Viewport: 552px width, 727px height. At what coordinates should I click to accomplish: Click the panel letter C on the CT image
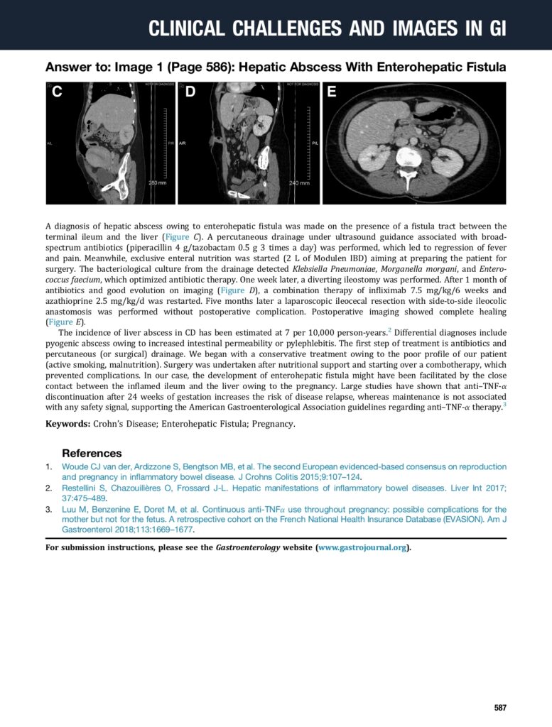pyautogui.click(x=57, y=92)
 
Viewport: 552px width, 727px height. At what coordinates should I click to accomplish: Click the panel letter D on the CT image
pyautogui.click(x=190, y=92)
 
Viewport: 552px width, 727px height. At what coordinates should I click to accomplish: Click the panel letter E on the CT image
pyautogui.click(x=332, y=92)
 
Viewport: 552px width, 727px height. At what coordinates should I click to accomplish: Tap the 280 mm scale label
pyautogui.click(x=157, y=183)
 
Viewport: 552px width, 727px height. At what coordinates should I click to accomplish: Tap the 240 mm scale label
pyautogui.click(x=299, y=183)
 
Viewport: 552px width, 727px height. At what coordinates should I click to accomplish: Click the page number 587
pyautogui.click(x=500, y=708)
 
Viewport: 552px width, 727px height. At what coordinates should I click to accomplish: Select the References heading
pyautogui.click(x=92, y=453)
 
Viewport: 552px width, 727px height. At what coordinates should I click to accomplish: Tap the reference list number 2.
pyautogui.click(x=48, y=488)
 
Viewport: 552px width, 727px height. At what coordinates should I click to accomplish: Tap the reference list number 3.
pyautogui.click(x=48, y=509)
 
